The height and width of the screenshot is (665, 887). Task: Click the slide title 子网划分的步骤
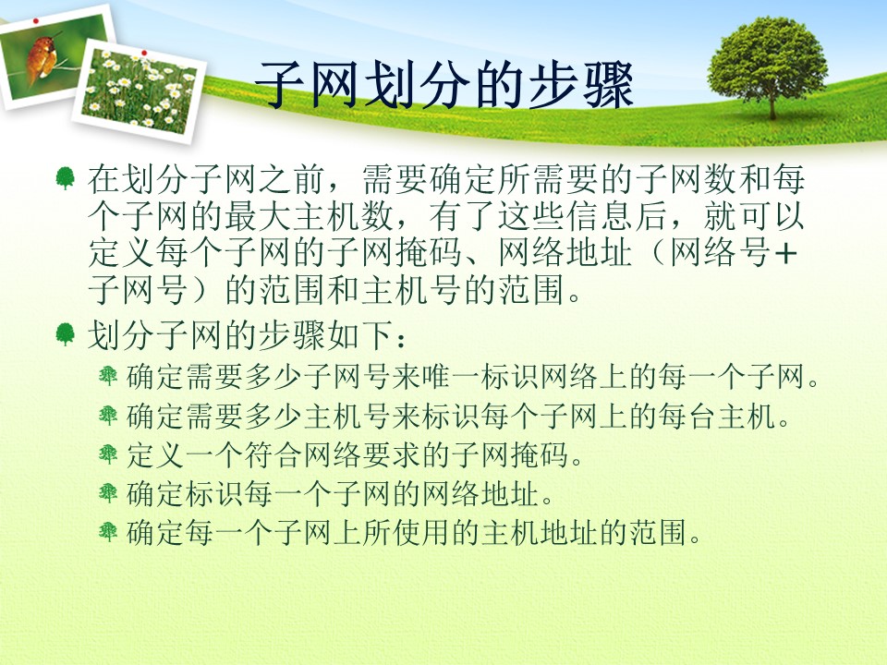point(444,85)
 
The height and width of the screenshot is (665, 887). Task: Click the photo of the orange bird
point(55,56)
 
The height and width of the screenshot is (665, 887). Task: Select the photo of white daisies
point(140,91)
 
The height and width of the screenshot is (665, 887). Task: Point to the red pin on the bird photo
point(36,21)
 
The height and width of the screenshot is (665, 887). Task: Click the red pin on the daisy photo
point(144,53)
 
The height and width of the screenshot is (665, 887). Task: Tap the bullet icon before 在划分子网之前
point(65,177)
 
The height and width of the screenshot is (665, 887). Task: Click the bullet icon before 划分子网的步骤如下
point(65,334)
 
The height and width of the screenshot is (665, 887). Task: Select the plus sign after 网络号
point(786,253)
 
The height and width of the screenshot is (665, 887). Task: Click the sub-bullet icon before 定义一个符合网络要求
point(107,454)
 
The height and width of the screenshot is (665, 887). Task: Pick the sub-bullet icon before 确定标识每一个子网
point(107,493)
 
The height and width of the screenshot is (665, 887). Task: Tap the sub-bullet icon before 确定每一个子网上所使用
point(107,532)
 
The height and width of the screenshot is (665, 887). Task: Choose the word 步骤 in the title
point(580,85)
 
